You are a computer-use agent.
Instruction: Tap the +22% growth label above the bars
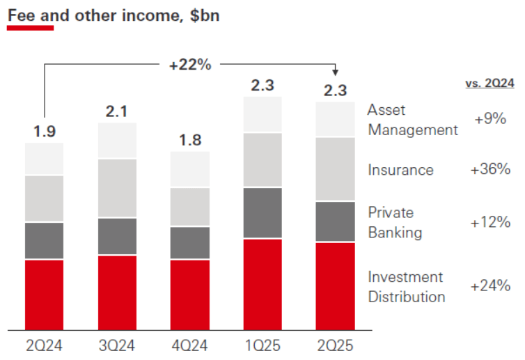(189, 65)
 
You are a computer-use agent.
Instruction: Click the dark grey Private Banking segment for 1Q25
(262, 212)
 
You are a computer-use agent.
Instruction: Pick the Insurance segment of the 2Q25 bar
(335, 169)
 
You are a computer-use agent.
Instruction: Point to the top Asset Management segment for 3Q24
(117, 141)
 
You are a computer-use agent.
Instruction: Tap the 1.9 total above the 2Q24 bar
(45, 132)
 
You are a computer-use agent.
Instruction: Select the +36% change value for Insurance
(492, 169)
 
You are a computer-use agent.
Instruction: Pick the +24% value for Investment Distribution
(492, 286)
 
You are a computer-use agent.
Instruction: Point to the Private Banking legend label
(395, 222)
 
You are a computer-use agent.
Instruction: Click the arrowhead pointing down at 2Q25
(335, 72)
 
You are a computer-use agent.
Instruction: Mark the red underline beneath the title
(30, 28)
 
